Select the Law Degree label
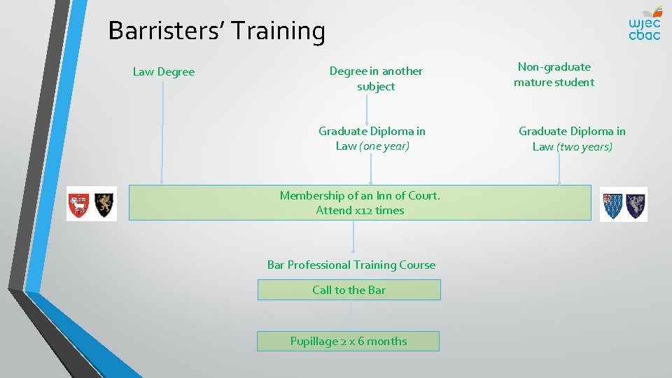164,72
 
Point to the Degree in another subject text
376,78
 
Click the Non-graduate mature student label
554,74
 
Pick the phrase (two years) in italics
584,147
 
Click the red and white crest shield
78,204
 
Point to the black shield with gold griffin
104,204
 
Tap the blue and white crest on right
613,204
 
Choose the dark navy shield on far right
636,204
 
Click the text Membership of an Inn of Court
360,195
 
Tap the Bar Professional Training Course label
351,265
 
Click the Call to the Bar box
349,290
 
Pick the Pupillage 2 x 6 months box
348,341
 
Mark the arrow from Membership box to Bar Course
353,238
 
